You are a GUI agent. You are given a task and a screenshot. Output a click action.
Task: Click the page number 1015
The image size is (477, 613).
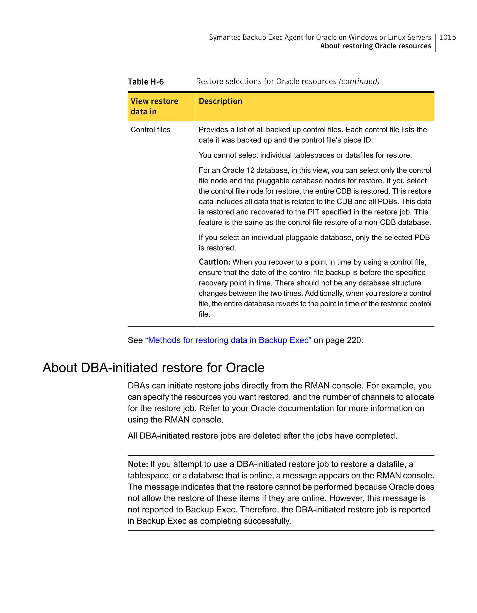point(447,37)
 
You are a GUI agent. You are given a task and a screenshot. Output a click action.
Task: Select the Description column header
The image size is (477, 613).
point(220,101)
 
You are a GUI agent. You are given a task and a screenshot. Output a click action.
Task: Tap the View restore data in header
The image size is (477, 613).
point(154,106)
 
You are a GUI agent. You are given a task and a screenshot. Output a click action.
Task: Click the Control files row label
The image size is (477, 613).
point(150,130)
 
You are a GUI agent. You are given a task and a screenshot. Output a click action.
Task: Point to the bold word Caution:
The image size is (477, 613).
point(214,262)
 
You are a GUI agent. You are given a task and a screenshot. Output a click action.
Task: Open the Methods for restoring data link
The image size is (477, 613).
point(228,340)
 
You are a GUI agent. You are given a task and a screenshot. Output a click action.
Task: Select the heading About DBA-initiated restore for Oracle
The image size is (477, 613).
point(153,368)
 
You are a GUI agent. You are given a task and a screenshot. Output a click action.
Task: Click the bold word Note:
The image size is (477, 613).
point(138,464)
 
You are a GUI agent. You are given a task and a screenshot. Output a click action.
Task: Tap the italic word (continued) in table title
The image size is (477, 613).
point(359,81)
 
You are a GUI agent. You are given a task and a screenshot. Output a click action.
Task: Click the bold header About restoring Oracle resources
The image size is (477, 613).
point(375,46)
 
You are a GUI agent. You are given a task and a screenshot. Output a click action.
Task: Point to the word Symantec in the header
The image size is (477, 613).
point(224,37)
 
